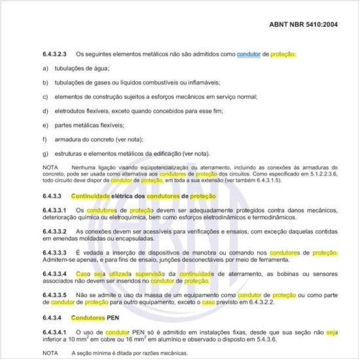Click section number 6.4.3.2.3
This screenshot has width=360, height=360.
56,54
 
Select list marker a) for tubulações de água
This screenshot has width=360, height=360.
45,68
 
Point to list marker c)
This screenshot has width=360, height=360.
45,97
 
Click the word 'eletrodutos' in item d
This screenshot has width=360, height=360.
71,111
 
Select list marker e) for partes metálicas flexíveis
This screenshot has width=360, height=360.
45,125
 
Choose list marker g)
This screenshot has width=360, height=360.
45,154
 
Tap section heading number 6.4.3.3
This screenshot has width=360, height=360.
51,196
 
